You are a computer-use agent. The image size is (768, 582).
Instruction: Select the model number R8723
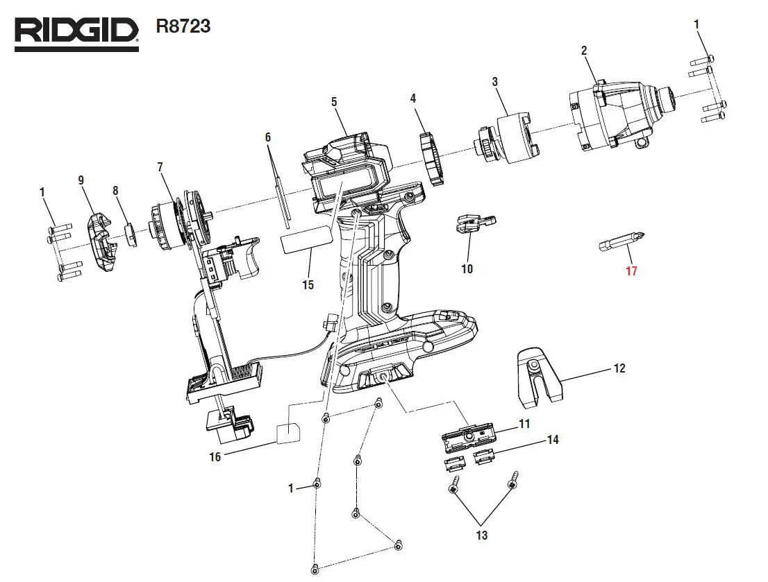(x=183, y=28)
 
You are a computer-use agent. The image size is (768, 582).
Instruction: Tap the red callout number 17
(x=631, y=272)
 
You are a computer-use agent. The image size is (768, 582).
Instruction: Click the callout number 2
(x=584, y=51)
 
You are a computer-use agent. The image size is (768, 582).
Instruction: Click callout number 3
(x=494, y=82)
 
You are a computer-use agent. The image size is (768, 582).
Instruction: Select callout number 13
(x=482, y=536)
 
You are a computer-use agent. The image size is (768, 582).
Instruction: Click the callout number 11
(x=524, y=424)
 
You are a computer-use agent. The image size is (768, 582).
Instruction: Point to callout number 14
(x=553, y=440)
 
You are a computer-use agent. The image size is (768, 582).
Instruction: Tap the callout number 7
(x=160, y=167)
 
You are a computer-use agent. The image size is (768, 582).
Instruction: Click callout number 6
(x=268, y=137)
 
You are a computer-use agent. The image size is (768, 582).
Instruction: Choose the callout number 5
(x=334, y=102)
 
